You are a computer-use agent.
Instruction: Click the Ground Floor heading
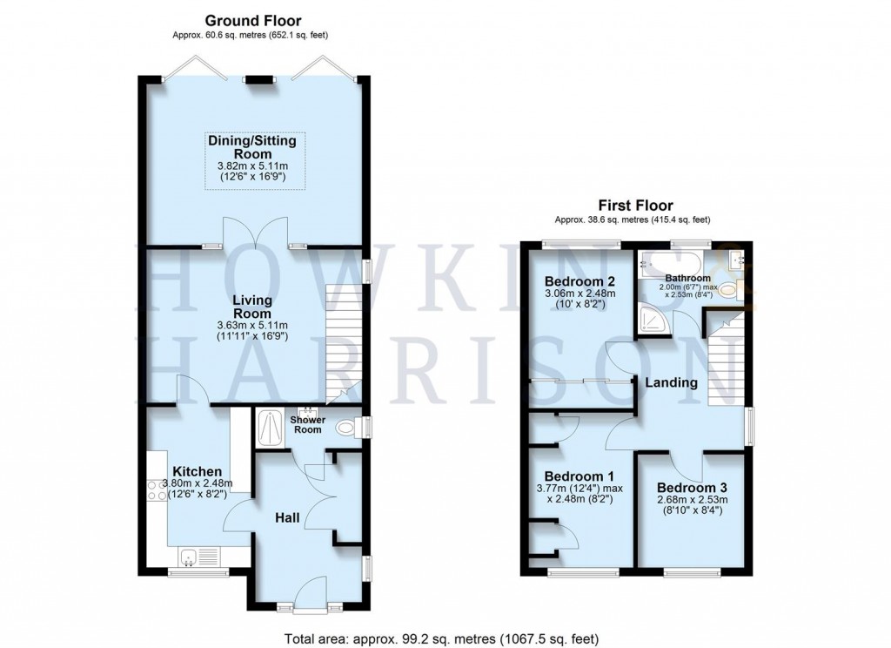[253, 20]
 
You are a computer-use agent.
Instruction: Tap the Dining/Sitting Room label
[252, 146]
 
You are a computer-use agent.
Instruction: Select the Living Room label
[252, 307]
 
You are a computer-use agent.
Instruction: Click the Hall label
[287, 518]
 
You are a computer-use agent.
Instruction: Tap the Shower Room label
[308, 425]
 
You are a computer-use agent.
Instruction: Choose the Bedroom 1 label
[579, 476]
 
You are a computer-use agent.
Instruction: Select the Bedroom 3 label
[692, 487]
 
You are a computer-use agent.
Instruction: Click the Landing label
[671, 382]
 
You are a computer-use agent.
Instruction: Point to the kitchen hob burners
[157, 490]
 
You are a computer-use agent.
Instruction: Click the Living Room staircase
[343, 340]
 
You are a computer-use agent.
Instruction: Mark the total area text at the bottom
[442, 637]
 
